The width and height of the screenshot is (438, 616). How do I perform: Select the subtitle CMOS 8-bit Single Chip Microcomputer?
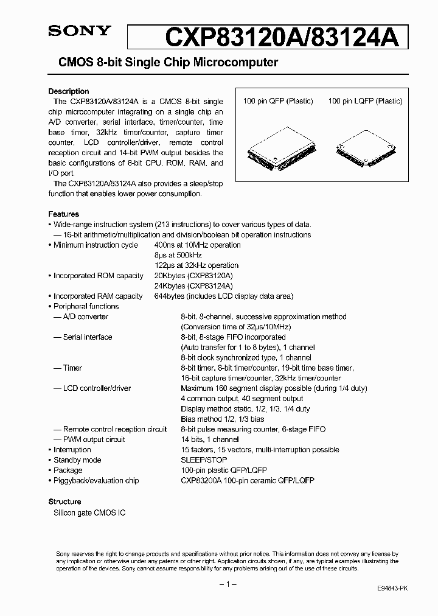click(x=168, y=63)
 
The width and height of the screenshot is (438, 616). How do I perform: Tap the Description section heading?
click(x=69, y=91)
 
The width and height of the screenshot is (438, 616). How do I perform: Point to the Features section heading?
click(x=64, y=214)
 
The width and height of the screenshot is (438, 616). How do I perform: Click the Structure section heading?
click(x=64, y=502)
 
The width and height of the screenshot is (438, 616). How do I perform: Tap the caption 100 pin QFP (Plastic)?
click(x=278, y=102)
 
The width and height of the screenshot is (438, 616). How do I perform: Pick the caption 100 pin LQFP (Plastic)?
click(x=365, y=102)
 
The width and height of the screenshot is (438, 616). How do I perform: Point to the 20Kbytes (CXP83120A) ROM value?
click(x=194, y=276)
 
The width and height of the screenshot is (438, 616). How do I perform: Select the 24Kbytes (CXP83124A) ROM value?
click(x=194, y=285)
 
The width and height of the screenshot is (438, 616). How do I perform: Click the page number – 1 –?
click(x=226, y=584)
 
